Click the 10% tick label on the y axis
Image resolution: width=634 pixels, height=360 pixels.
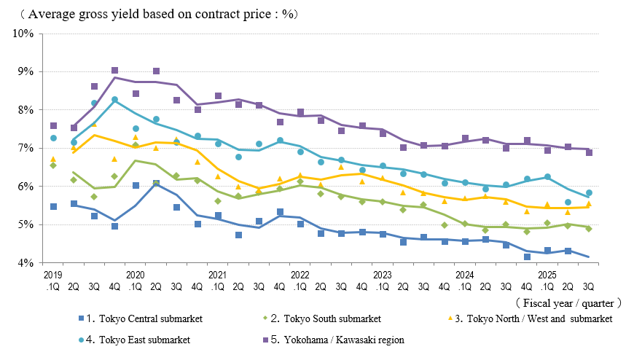pos(23,34)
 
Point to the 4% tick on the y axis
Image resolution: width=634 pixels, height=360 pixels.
pos(26,262)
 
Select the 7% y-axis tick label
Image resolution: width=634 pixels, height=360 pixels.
pos(26,148)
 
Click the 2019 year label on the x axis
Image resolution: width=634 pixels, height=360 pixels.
pos(52,274)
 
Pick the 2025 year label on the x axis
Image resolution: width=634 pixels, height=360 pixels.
pos(547,274)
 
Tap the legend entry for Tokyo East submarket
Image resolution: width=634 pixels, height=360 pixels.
pos(138,340)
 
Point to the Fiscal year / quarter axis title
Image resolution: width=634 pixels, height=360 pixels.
pos(568,302)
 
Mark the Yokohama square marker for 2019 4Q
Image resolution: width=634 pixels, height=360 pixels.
pos(115,71)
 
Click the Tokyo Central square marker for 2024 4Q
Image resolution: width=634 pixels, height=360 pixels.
pos(527,257)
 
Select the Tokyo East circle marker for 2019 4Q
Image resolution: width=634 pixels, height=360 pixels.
pos(115,100)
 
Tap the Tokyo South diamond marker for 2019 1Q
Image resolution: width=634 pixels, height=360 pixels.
pos(52,165)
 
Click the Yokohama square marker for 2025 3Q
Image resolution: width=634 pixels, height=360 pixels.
pos(589,152)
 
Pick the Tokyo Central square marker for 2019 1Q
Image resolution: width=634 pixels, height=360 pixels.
pos(53,207)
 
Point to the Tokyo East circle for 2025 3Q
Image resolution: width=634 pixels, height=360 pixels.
pos(589,193)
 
